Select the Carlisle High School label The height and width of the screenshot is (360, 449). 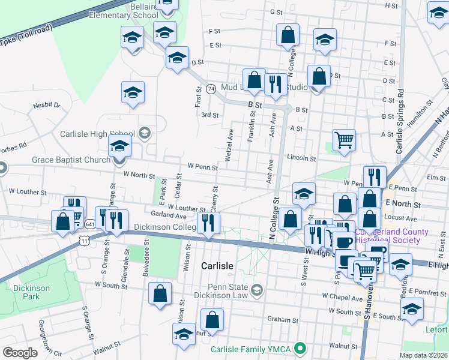click(x=97, y=133)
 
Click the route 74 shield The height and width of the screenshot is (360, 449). click(x=211, y=88)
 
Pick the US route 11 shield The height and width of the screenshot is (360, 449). click(x=84, y=240)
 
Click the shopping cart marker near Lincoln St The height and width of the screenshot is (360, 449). click(x=344, y=140)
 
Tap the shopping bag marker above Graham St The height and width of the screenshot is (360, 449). click(x=211, y=320)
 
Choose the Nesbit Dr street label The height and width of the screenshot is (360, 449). click(x=47, y=105)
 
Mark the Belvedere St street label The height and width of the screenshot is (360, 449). click(x=146, y=254)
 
